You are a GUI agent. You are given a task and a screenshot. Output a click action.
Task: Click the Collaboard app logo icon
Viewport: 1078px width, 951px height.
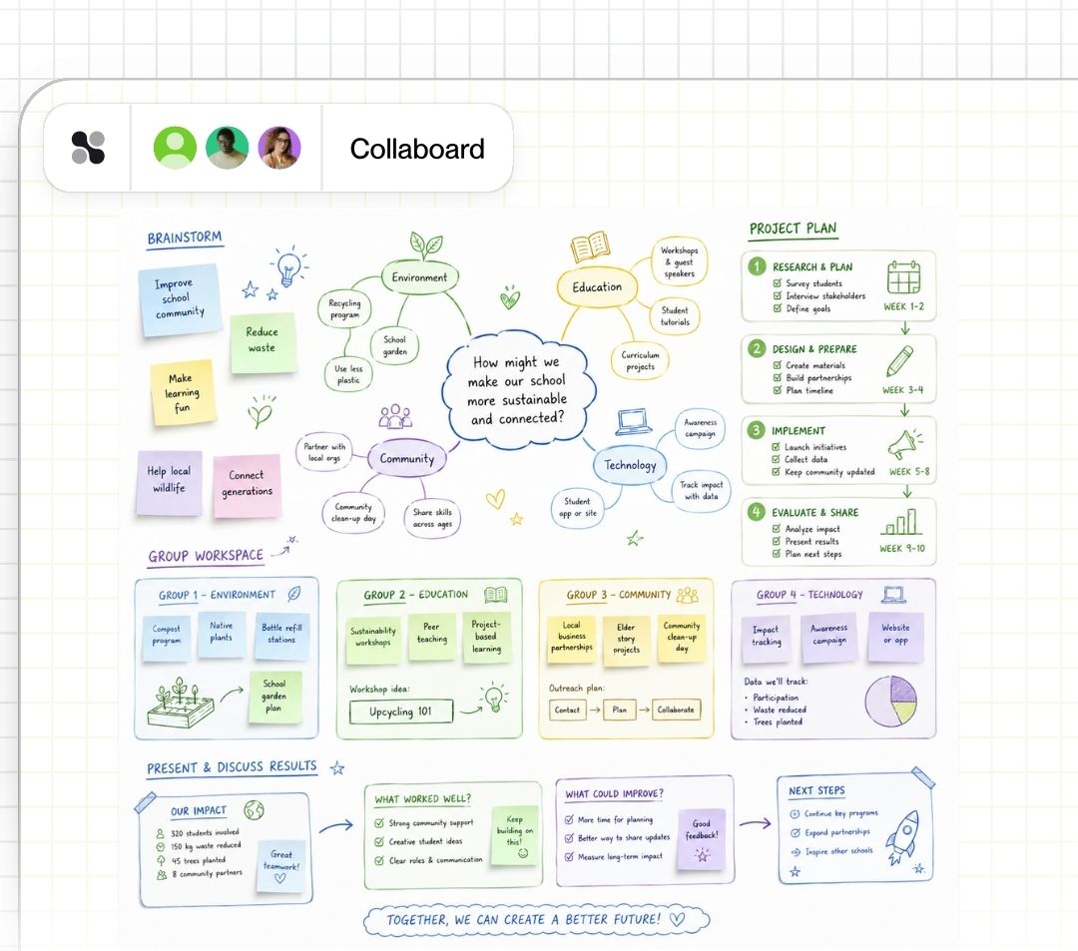88,148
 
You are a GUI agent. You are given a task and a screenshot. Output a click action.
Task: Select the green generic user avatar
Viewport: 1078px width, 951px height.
175,147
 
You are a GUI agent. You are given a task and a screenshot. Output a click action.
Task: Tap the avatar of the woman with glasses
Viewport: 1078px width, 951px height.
279,147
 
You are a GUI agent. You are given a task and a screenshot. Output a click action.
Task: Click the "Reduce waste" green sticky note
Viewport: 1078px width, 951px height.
262,343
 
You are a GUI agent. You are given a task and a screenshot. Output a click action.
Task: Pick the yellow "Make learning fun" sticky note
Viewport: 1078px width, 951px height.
183,392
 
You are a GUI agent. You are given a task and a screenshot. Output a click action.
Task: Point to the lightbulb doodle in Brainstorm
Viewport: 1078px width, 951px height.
288,266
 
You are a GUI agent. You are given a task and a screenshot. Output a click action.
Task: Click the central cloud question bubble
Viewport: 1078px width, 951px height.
518,389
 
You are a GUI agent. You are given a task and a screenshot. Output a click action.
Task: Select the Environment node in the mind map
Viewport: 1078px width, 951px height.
419,277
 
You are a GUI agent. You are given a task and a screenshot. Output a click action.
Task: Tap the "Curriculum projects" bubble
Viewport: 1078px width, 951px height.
640,361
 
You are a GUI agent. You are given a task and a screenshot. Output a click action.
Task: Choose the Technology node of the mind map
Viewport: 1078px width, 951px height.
630,465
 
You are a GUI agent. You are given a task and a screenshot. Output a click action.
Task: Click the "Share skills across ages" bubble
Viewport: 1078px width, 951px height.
432,518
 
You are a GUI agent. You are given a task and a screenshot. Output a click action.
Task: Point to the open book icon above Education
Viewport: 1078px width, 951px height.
590,246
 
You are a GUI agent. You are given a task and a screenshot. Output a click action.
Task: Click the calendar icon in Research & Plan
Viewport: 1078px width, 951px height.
903,277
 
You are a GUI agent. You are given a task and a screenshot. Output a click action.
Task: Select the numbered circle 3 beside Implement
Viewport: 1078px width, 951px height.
757,430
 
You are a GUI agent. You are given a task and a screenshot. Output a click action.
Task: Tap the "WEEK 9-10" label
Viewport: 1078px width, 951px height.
902,548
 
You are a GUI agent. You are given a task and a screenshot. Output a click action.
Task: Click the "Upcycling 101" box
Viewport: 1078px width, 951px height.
401,712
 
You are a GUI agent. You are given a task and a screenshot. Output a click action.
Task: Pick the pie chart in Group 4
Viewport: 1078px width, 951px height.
891,701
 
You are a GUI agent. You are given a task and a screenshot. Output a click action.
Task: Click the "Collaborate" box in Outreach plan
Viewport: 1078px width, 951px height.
676,710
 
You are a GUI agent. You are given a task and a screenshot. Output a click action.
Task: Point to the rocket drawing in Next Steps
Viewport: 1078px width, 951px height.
902,835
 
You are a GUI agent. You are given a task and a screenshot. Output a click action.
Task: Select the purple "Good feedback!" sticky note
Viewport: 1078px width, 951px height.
702,839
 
